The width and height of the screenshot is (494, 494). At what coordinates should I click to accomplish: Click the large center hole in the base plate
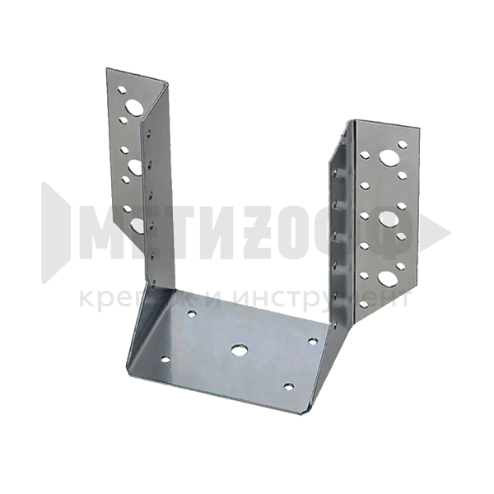point(240,349)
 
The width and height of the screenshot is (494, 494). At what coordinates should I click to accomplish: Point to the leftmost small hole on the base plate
point(165,359)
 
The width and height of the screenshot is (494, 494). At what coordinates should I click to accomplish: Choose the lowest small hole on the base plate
point(288,386)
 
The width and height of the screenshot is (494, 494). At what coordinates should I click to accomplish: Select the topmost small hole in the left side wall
point(148,132)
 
